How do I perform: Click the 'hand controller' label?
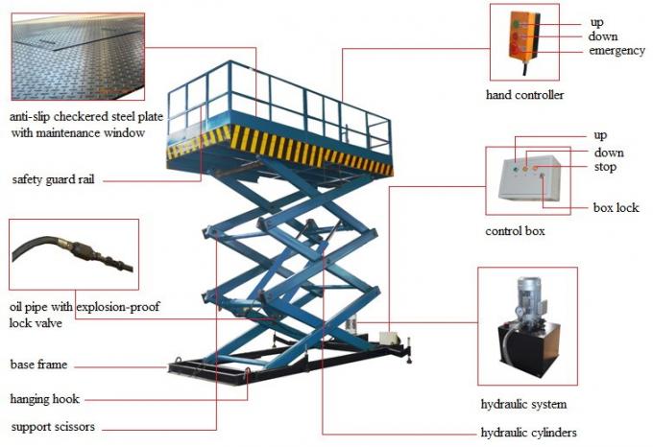pyautogui.click(x=524, y=95)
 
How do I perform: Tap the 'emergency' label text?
pyautogui.click(x=617, y=51)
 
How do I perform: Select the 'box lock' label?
pyautogui.click(x=616, y=207)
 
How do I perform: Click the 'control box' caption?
pyautogui.click(x=518, y=232)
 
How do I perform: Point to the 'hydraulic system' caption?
pyautogui.click(x=523, y=404)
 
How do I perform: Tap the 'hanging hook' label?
pyautogui.click(x=44, y=398)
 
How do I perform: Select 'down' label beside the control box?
pyautogui.click(x=608, y=153)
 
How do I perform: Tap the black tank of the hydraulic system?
pyautogui.click(x=524, y=354)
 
